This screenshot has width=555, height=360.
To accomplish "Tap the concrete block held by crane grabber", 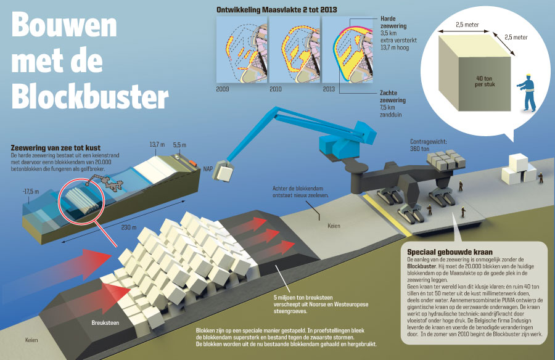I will tap(221, 173).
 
